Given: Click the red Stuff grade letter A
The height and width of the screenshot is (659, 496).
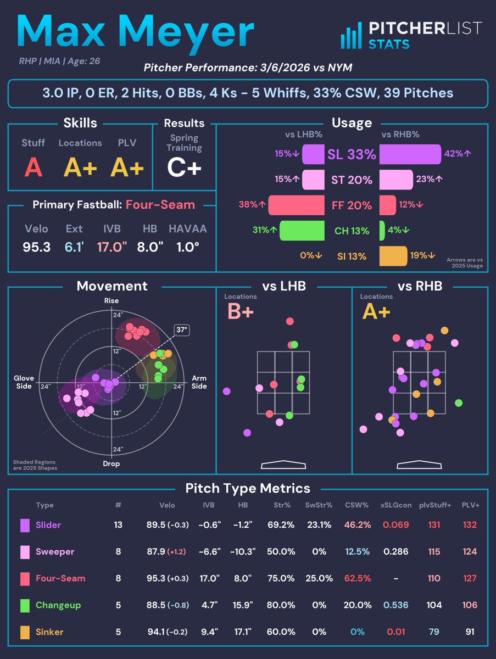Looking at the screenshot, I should point(34,167).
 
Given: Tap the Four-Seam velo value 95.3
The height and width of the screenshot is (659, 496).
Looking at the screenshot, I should point(37,247).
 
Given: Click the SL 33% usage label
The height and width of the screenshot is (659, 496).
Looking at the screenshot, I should point(352,154).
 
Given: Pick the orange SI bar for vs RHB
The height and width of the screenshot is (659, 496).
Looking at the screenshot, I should point(393,256).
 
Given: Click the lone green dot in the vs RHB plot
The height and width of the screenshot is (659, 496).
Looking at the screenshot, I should point(459,403).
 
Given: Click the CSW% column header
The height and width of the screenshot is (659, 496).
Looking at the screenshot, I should point(357,505).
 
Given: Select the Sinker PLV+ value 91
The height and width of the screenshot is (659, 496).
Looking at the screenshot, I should point(470,632).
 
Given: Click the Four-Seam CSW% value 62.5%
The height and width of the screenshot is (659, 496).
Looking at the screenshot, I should point(357,578).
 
